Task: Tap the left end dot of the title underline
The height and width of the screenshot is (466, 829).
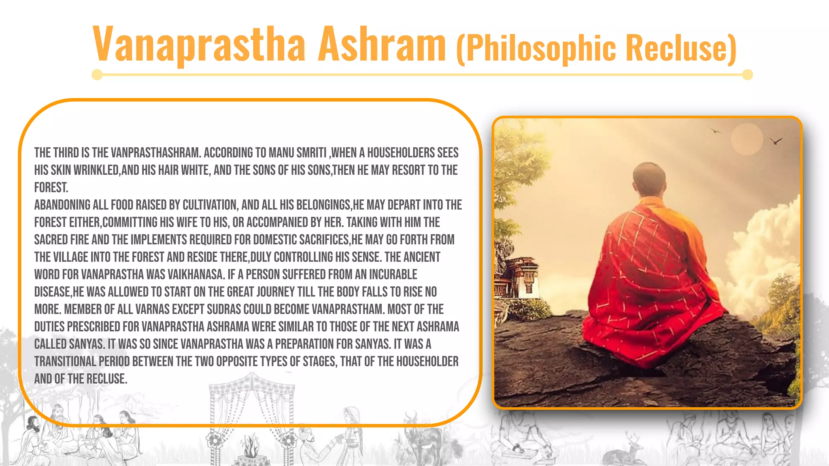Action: (x=97, y=75)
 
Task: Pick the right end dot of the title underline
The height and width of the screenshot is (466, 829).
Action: (x=747, y=75)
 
